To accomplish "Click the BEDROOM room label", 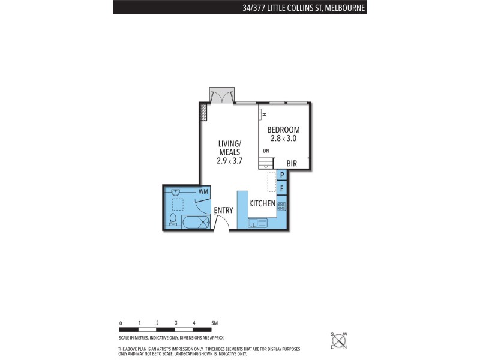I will [x=283, y=130].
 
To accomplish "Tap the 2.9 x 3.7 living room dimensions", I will [x=229, y=160].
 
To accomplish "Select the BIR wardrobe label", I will [x=292, y=163].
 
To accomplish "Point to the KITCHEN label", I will [x=262, y=204].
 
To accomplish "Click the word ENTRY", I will [x=223, y=210].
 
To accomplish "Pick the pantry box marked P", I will [x=282, y=175].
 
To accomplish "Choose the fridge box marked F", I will [x=282, y=188].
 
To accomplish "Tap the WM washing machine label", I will [x=203, y=191].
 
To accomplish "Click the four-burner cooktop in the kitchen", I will [x=282, y=206].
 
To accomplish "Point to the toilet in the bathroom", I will [x=173, y=219].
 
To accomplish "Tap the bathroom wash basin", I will [x=176, y=192].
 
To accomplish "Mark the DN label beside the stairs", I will [x=266, y=151].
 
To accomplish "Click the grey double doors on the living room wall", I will [x=222, y=95].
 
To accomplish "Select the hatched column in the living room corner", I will [x=203, y=111].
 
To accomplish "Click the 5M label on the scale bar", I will [x=214, y=323].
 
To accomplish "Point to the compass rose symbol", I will [x=339, y=341].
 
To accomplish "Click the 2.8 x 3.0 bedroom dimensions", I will [x=283, y=139].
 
